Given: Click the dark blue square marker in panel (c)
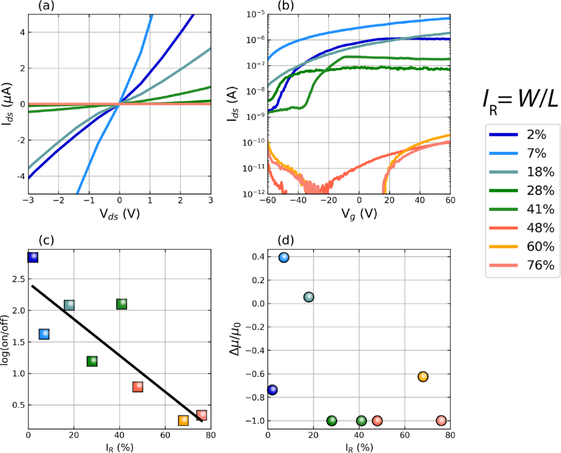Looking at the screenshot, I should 32,257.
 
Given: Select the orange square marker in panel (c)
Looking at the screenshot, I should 184,420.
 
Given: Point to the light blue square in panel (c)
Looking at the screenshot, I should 44,334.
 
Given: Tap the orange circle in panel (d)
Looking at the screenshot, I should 423,376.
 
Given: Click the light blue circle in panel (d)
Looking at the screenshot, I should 284,257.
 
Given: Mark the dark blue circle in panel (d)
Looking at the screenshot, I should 272,389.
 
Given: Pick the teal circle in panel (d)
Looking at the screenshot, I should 308,297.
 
